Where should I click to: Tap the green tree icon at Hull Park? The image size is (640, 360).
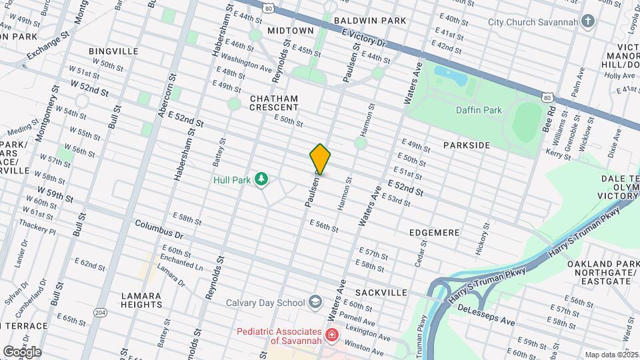[263, 179]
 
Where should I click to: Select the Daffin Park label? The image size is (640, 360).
[479, 111]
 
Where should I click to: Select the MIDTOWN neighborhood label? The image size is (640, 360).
[290, 31]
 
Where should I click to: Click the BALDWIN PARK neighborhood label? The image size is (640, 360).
[370, 21]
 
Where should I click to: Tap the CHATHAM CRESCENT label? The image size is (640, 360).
[273, 103]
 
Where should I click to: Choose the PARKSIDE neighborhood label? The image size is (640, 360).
[467, 145]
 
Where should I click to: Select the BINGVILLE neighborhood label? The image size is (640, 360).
[113, 51]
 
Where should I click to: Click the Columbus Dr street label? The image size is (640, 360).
[159, 231]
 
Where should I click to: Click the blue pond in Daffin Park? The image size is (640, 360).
[450, 75]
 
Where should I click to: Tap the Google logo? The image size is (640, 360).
[21, 351]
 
